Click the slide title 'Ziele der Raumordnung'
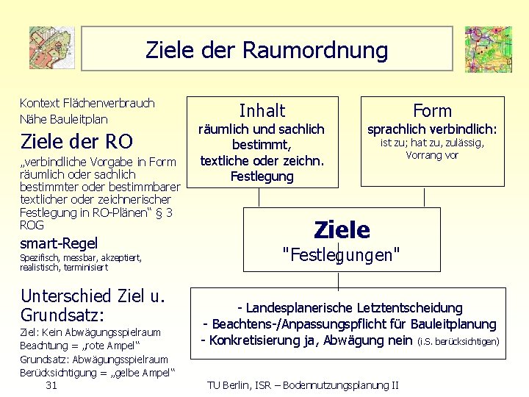[267, 50]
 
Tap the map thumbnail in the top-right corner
[488, 49]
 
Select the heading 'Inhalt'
[262, 111]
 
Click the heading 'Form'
[432, 111]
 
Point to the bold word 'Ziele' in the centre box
[342, 230]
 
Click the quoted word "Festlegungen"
[342, 255]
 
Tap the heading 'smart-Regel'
[59, 243]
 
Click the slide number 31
[51, 385]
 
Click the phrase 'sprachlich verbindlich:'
[432, 129]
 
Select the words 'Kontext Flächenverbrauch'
[87, 103]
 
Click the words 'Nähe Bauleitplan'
[63, 118]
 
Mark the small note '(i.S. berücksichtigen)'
[458, 341]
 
